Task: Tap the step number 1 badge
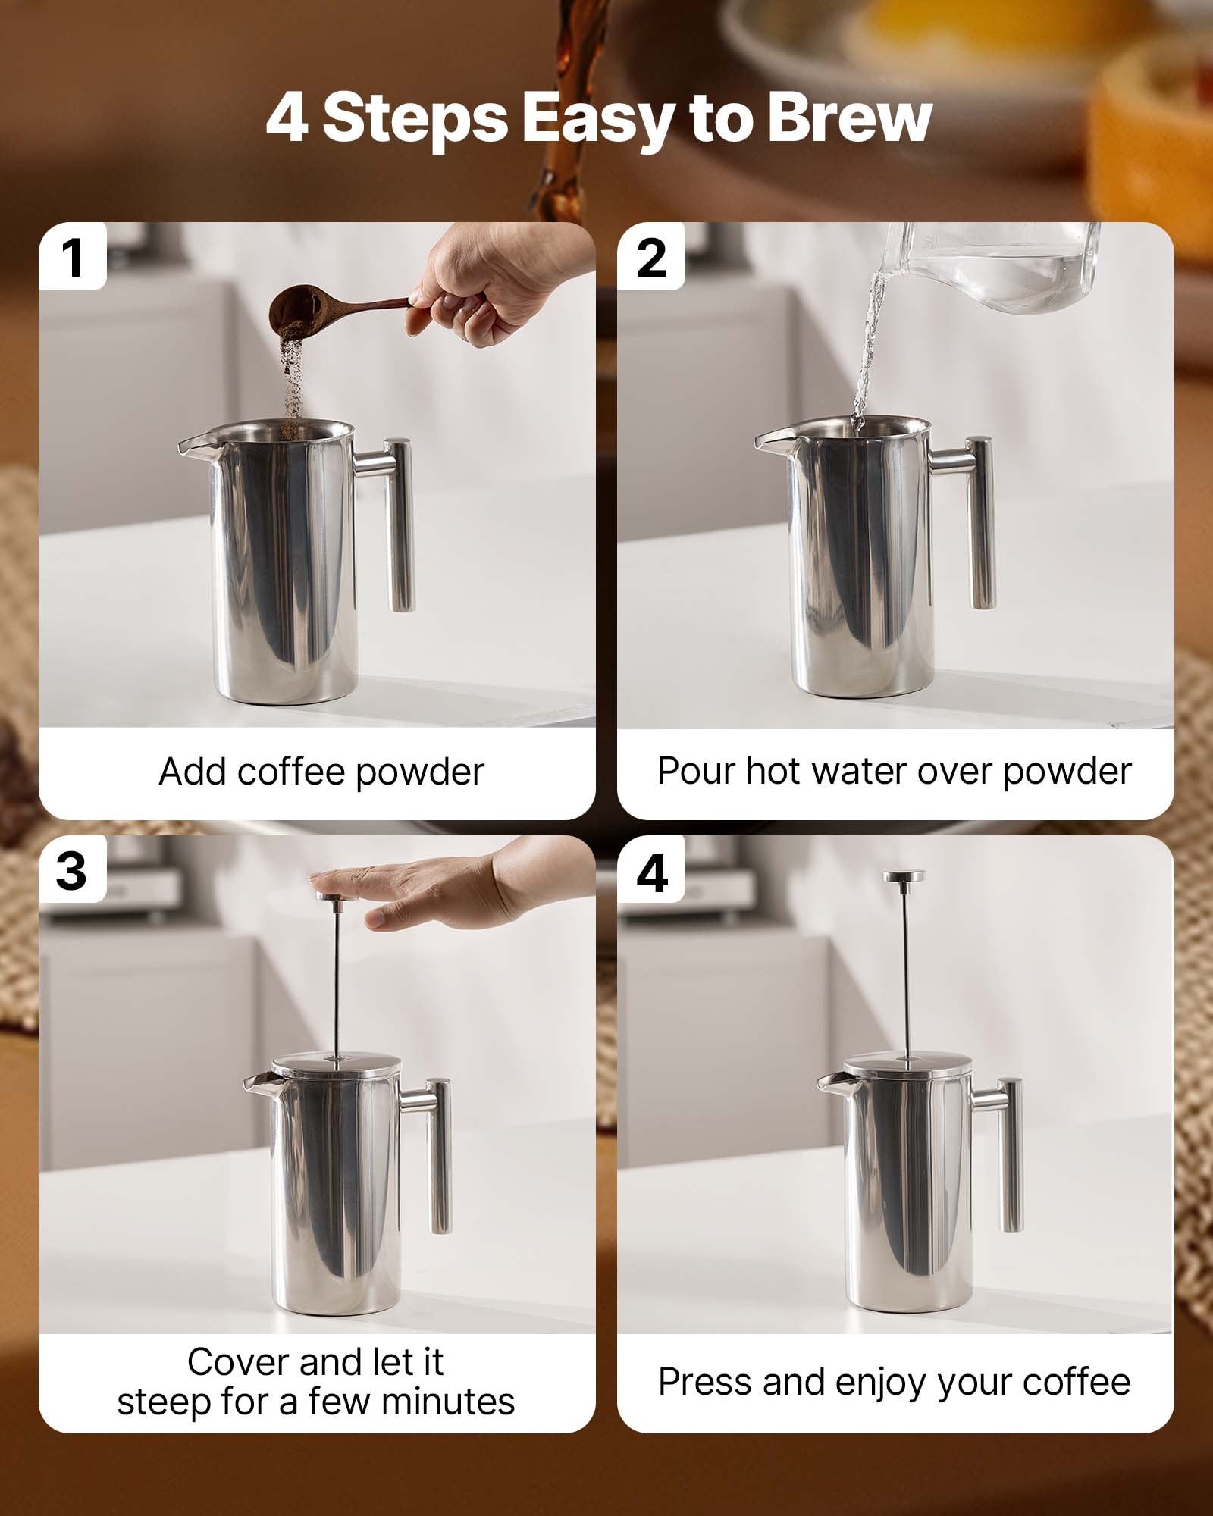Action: [x=73, y=258]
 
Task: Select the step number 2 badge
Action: [x=651, y=258]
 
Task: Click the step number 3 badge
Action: [x=71, y=870]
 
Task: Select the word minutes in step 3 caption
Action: [x=449, y=1402]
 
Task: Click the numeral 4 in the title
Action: [x=287, y=119]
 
